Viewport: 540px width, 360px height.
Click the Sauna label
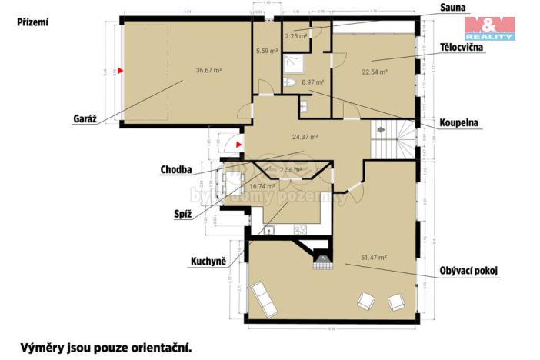point(452,7)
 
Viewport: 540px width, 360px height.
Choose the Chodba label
point(177,170)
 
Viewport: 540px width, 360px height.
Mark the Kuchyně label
point(208,262)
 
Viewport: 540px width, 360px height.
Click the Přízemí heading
point(33,23)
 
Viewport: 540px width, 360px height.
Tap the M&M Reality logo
point(489,27)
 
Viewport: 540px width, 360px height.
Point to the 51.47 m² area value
point(374,259)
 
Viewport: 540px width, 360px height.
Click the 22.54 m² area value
point(375,72)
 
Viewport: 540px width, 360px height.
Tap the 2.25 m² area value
point(296,35)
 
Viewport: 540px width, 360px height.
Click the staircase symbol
point(382,141)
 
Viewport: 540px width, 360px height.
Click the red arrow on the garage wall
point(120,71)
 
